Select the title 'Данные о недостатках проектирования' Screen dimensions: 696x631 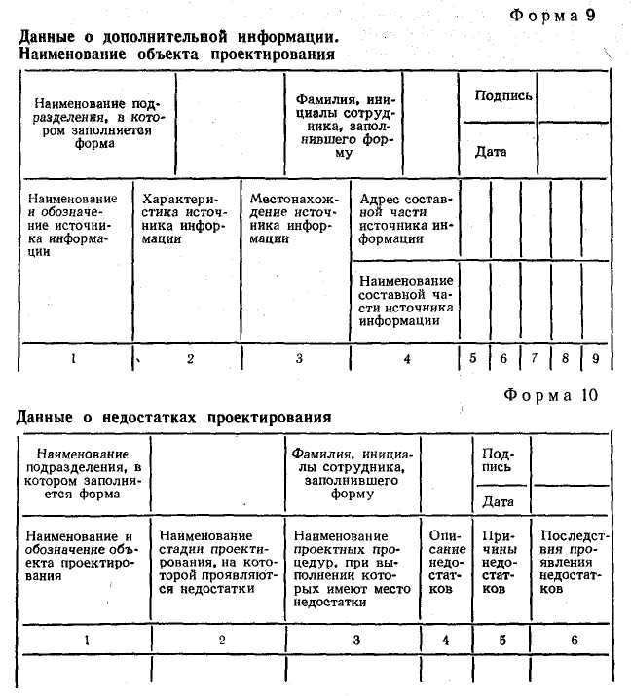pyautogui.click(x=174, y=417)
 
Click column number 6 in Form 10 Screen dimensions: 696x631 pyautogui.click(x=574, y=640)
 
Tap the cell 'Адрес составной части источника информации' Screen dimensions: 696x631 pyautogui.click(x=405, y=218)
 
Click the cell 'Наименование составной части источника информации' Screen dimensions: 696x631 pyautogui.click(x=405, y=299)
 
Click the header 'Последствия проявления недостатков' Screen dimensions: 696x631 pyautogui.click(x=575, y=563)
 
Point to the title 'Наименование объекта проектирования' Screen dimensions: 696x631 pyautogui.click(x=177, y=55)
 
